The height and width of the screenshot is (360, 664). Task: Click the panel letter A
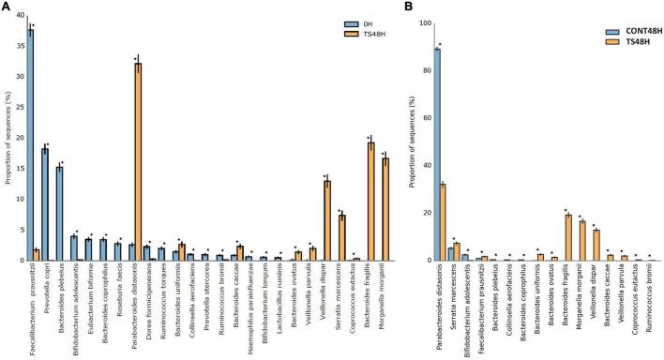(x=7, y=7)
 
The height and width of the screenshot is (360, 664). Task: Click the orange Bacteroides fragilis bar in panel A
(x=371, y=202)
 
